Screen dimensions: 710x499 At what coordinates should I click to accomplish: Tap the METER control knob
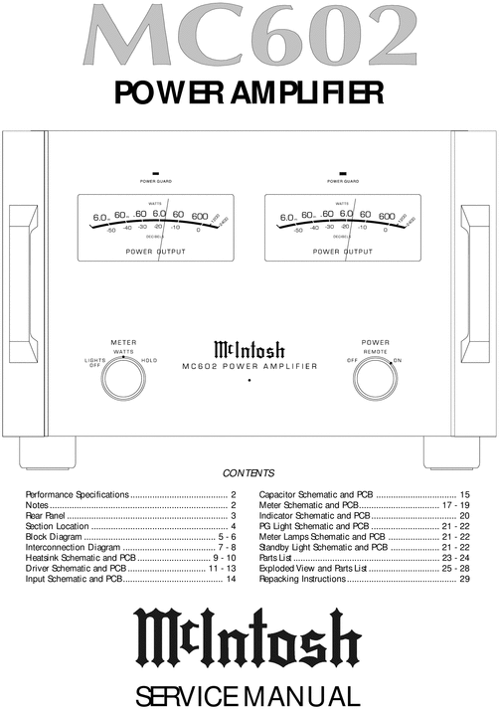123,379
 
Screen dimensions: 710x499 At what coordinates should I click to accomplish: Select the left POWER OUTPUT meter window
154,228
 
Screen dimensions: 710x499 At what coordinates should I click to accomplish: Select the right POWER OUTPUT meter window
342,228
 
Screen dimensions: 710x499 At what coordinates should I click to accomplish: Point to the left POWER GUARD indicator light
155,173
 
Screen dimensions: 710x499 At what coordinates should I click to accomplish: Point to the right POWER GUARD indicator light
342,173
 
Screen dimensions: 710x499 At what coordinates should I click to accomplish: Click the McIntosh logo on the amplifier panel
249,349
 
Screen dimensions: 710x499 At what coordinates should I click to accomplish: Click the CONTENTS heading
249,473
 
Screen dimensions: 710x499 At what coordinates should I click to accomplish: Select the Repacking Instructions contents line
364,579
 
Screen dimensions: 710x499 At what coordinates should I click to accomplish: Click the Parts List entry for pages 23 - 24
364,558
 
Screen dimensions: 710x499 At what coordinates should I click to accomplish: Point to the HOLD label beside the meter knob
150,360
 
